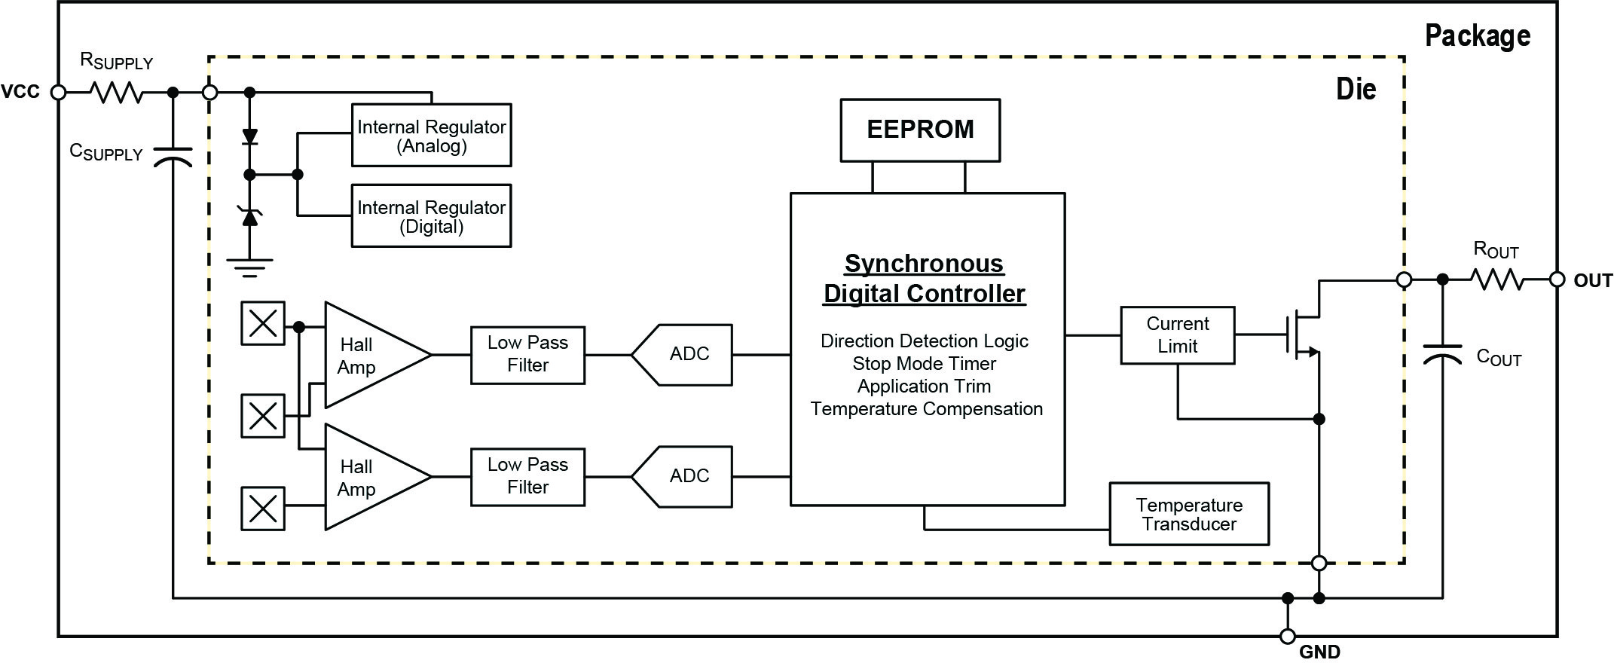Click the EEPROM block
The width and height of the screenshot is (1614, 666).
tap(920, 130)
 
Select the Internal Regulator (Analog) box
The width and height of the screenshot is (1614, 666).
tap(431, 135)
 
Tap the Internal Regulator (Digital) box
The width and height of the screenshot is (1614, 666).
tap(431, 215)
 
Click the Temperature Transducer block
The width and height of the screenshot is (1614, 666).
tap(1189, 514)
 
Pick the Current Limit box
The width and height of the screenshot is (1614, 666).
tap(1177, 335)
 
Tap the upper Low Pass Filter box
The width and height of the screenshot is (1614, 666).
tap(527, 355)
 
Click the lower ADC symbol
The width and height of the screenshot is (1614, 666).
tap(681, 477)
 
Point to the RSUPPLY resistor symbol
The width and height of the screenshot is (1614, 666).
tap(116, 93)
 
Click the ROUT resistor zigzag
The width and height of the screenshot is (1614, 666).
tap(1497, 280)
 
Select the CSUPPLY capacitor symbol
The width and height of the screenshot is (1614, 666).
tap(173, 157)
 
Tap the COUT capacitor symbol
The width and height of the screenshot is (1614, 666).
tap(1442, 354)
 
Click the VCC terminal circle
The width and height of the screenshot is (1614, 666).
tap(58, 93)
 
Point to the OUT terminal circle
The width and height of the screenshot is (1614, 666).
tap(1557, 280)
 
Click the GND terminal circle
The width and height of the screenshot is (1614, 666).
tap(1288, 636)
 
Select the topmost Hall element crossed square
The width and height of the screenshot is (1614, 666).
tap(263, 324)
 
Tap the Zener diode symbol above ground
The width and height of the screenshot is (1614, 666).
tap(249, 215)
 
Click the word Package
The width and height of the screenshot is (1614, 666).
tap(1478, 36)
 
